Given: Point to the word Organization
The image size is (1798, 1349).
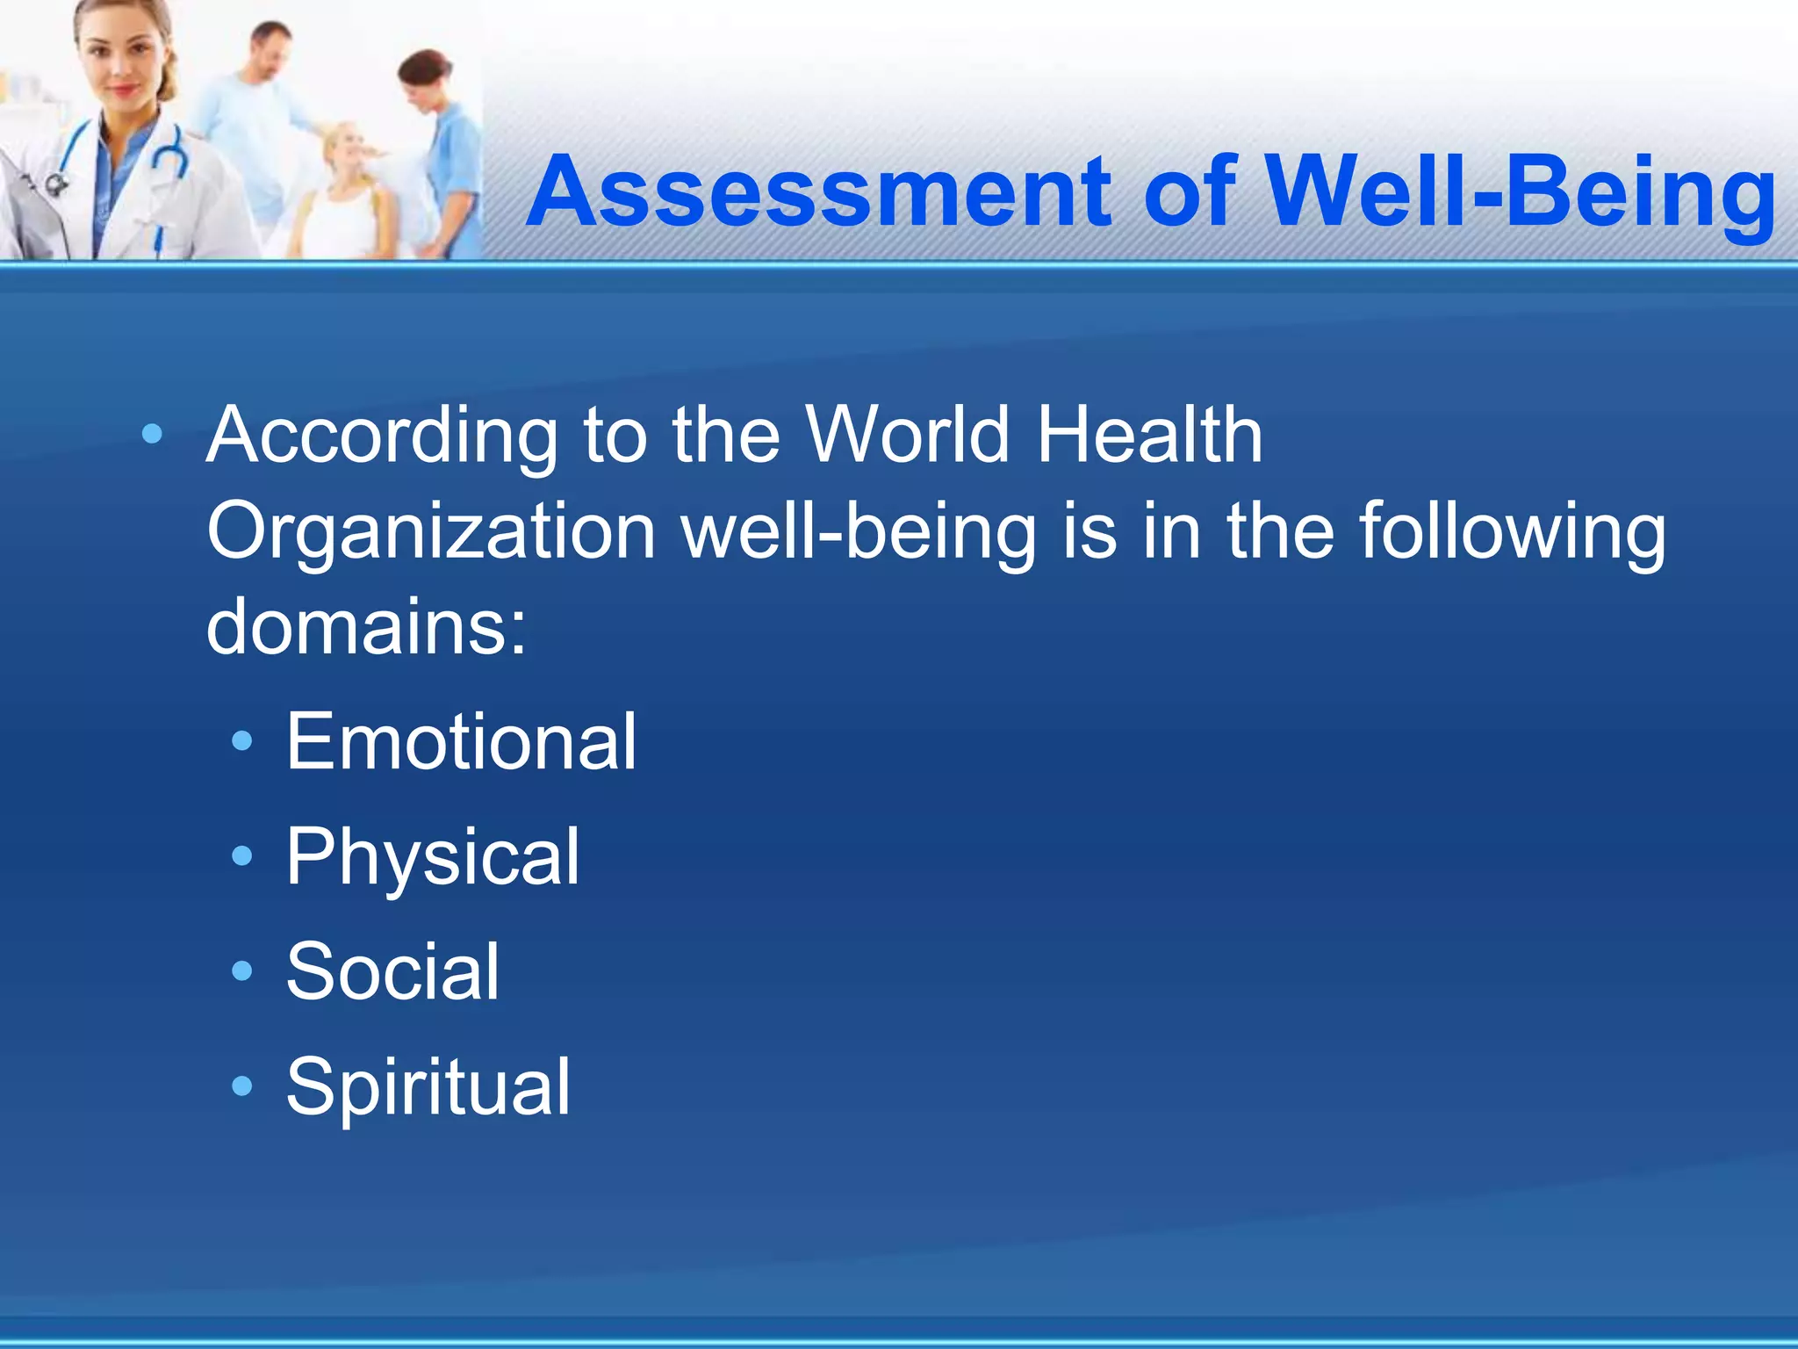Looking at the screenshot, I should coord(430,532).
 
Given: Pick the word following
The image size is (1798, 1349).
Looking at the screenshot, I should coord(1512,532).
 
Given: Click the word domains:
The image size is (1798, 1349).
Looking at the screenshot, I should coord(366,627).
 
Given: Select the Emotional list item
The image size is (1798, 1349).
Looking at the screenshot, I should coord(461,742).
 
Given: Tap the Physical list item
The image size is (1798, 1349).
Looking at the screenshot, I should coord(433,857).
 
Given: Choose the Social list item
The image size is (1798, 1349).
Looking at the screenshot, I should coord(392,971).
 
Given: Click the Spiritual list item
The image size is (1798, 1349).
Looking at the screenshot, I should coord(428,1087).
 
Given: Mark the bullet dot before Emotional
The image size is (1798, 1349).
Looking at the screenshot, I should coord(241,742).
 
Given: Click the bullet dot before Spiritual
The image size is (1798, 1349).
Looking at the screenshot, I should coord(241,1087).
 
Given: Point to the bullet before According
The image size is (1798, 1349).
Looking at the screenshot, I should coord(152,434).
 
